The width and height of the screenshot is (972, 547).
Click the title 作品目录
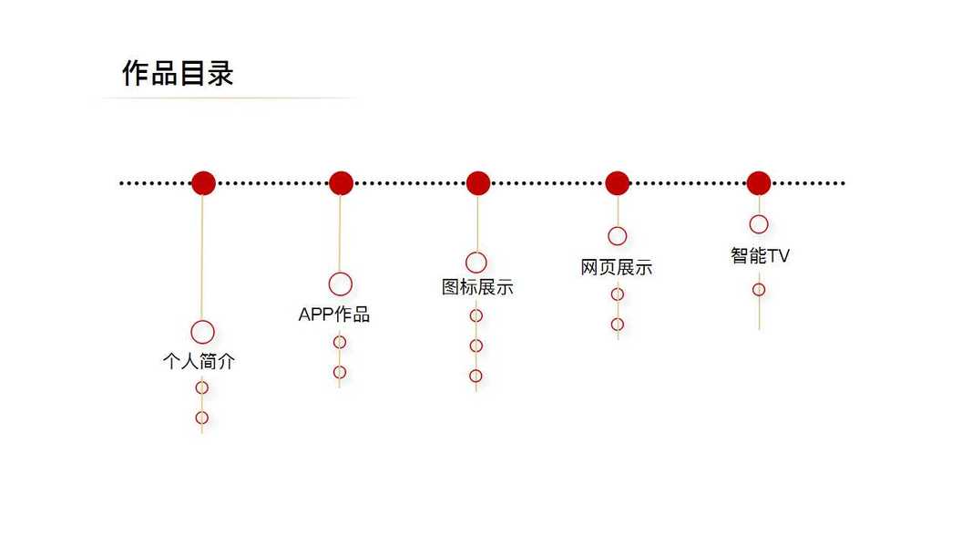178,73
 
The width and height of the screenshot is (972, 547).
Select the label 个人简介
199,361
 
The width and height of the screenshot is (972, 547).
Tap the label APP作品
334,315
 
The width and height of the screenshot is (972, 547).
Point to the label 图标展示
477,287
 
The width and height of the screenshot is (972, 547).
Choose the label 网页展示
617,268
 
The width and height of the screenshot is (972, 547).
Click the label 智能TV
760,256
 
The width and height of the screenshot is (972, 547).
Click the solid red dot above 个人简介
203,182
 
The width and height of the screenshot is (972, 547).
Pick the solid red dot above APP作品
341,182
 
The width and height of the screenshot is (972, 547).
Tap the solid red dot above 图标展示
478,182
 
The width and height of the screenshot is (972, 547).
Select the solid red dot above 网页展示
618,182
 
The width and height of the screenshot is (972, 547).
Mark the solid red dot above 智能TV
759,182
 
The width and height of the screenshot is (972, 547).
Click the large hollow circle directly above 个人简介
202,332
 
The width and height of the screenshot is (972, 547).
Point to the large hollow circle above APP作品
341,284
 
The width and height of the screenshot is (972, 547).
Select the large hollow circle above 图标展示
476,263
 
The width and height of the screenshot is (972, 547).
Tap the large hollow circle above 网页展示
617,236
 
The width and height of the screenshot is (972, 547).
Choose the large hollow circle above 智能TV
759,224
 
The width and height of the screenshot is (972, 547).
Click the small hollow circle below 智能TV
759,290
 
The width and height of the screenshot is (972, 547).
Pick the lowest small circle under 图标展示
476,376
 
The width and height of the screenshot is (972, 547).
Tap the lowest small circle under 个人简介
202,418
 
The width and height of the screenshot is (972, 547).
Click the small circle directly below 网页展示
618,294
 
